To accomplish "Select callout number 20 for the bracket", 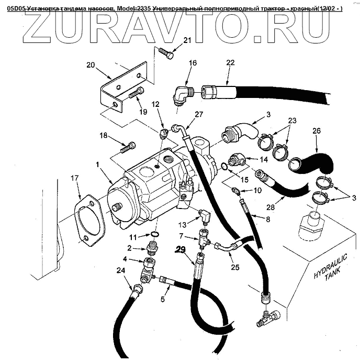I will [x=91, y=65].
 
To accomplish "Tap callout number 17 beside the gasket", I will [x=75, y=178].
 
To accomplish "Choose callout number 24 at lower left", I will [x=121, y=271].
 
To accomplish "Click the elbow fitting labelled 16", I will [x=179, y=94].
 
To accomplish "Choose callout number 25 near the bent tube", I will [x=235, y=267].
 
